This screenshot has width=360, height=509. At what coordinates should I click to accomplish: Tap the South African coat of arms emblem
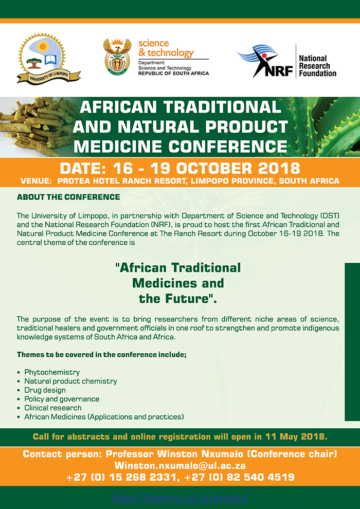117,57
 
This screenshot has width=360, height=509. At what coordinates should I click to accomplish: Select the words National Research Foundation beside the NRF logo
317,66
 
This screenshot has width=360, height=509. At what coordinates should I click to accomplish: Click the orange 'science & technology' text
166,48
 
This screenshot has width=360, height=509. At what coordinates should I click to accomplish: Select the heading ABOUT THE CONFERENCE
68,197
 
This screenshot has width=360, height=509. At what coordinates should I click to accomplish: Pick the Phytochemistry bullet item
52,372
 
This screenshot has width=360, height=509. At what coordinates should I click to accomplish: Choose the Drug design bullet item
45,390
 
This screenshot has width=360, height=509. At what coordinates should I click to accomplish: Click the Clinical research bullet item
53,408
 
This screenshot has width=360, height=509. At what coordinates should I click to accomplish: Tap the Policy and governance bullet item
62,399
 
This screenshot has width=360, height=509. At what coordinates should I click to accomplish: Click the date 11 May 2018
296,437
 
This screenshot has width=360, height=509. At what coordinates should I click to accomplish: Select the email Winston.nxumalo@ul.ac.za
180,466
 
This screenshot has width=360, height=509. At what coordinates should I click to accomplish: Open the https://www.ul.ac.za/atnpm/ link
180,497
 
